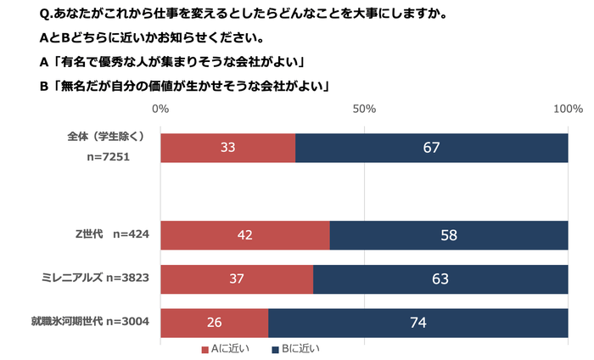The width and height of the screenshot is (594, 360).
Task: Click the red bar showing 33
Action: tap(227, 148)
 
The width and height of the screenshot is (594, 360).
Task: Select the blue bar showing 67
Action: tap(431, 148)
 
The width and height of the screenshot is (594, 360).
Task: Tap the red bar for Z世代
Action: tap(245, 235)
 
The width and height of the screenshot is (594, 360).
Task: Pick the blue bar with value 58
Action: tap(449, 235)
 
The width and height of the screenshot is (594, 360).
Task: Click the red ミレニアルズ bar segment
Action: tap(236, 278)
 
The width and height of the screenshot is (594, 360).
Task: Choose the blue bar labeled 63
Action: tap(440, 278)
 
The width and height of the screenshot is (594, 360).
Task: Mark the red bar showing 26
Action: tap(214, 322)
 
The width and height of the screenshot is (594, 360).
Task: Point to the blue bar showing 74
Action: tap(417, 322)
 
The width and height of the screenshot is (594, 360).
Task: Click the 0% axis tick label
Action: tap(160, 110)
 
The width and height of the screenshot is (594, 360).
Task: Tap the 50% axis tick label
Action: tap(364, 110)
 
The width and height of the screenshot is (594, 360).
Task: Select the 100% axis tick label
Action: tap(567, 110)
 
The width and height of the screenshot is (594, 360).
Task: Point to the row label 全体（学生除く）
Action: tap(106, 136)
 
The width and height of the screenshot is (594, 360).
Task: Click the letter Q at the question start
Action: tap(45, 14)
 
